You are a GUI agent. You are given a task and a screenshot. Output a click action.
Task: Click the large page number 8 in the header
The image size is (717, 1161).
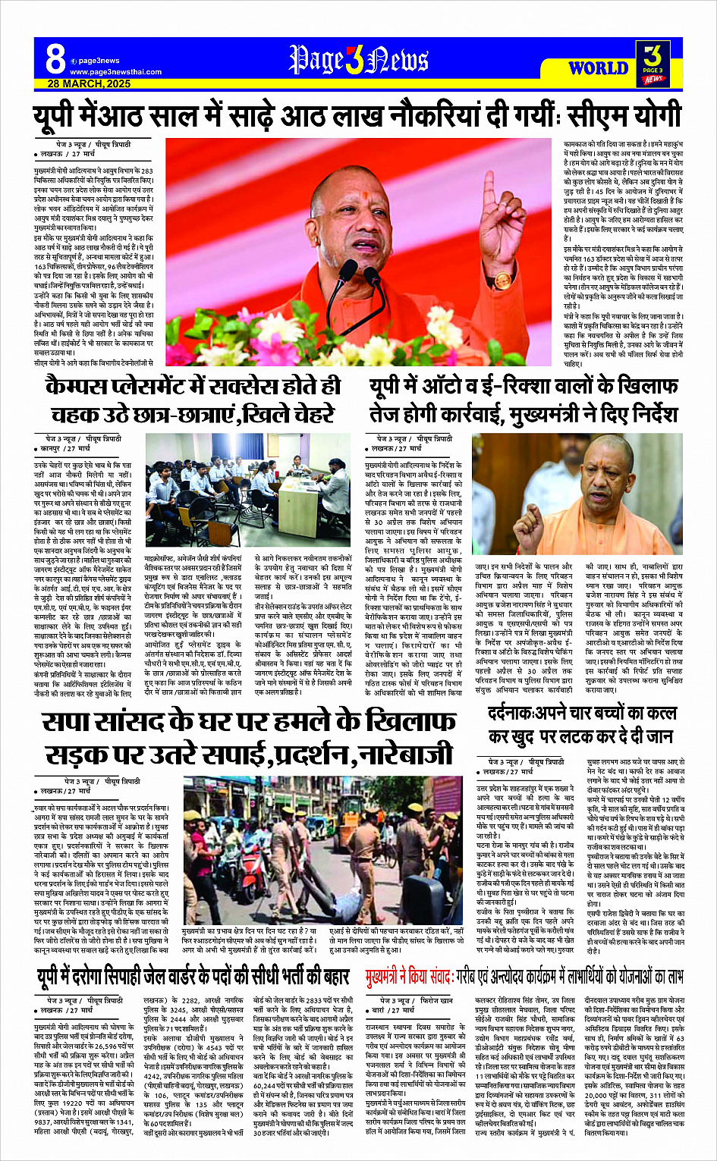(x=55, y=58)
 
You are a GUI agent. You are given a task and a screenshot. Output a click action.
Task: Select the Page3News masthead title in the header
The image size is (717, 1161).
(x=358, y=60)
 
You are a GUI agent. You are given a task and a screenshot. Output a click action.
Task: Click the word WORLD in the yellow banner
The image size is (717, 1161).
(x=598, y=68)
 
